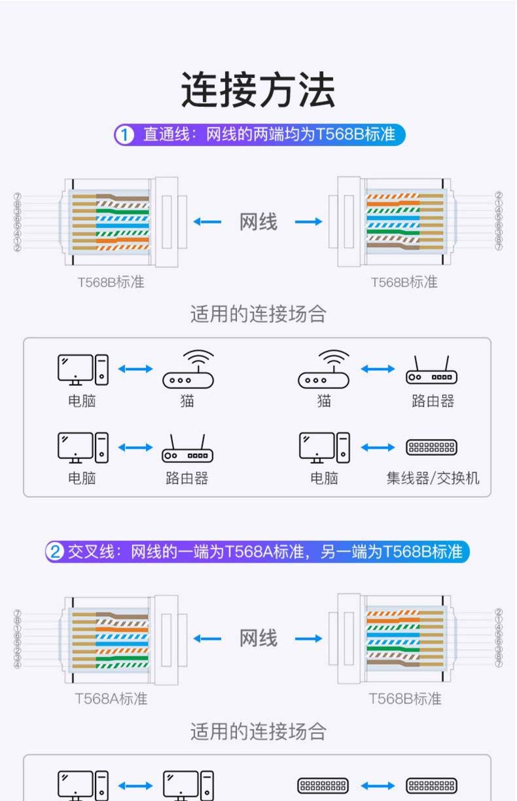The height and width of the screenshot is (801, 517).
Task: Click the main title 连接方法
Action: [258, 90]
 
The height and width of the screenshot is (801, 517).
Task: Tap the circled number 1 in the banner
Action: [124, 136]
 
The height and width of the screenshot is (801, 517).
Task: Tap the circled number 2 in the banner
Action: [55, 551]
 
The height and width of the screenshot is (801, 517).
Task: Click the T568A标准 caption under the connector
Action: [111, 698]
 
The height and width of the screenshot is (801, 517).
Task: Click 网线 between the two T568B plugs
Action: [258, 222]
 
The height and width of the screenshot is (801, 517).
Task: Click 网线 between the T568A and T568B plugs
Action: [258, 638]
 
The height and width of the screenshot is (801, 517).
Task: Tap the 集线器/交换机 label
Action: [433, 478]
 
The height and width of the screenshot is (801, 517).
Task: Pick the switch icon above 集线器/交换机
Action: [431, 448]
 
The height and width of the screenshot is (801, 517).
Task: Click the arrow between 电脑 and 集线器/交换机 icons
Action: [378, 448]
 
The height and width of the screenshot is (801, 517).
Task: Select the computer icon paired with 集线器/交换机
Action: [324, 447]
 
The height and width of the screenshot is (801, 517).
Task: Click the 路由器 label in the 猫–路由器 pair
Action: [433, 401]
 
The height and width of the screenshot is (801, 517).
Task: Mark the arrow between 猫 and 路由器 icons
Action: [378, 369]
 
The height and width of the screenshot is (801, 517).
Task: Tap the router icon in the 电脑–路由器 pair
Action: [187, 449]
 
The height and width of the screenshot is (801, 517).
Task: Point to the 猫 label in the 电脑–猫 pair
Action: [187, 401]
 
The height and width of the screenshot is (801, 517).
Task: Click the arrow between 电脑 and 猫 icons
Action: [135, 369]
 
